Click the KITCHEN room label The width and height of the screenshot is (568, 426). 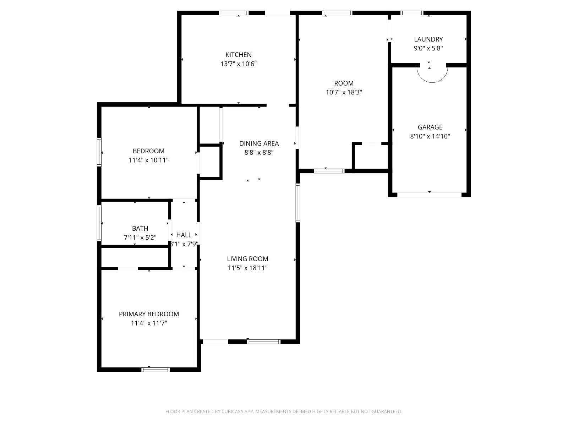(238, 55)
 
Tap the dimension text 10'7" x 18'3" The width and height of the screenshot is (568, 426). (344, 92)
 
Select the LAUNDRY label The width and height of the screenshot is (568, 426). (428, 39)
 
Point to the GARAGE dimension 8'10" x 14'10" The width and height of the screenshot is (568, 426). (430, 136)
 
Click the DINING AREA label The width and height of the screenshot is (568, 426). (259, 143)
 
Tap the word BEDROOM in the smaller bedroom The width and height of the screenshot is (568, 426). (148, 151)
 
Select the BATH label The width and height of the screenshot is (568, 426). (140, 228)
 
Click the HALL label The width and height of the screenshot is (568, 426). (184, 235)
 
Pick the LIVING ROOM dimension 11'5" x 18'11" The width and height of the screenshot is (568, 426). (247, 268)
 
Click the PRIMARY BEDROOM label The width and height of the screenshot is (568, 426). (149, 314)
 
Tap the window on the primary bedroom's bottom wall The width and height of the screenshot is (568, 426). (155, 370)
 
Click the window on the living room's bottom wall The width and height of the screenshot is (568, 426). (264, 342)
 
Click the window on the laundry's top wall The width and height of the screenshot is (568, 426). (412, 13)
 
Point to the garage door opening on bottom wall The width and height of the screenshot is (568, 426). (429, 195)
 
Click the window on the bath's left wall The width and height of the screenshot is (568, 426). (99, 223)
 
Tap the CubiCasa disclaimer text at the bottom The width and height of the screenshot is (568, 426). (284, 411)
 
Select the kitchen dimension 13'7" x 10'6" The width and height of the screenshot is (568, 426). (238, 64)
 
